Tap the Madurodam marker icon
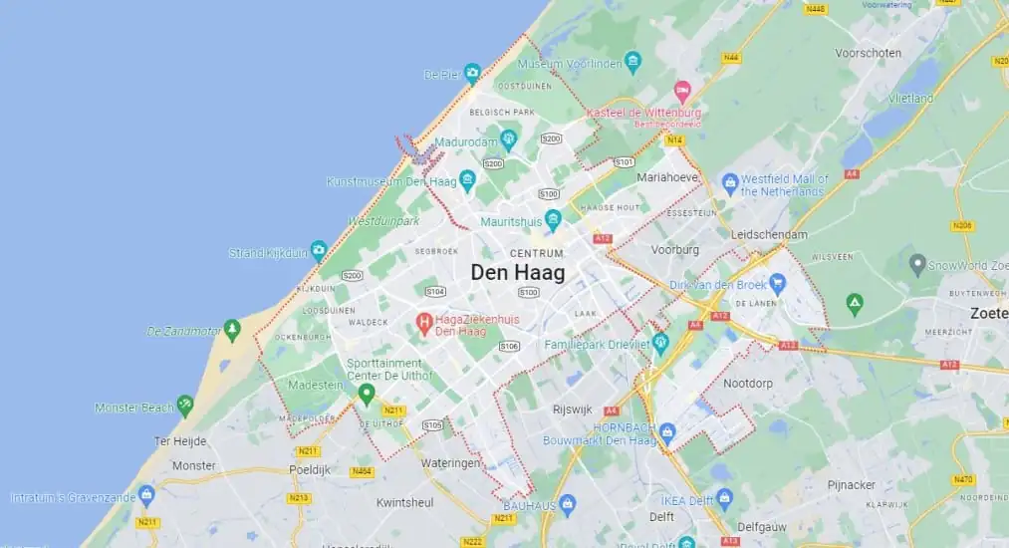point(508,139)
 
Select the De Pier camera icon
point(472,73)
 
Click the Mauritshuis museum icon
point(553,219)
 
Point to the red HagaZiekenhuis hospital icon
point(424,323)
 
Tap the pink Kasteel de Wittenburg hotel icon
point(682,92)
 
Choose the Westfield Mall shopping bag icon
point(729,183)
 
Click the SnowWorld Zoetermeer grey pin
point(917,265)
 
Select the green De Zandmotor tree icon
point(232,330)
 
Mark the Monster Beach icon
point(184,406)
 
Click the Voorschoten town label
point(869,53)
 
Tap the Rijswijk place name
point(573,410)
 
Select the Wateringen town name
point(450,463)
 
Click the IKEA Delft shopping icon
point(723,498)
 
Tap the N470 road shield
point(962,479)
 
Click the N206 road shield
point(962,225)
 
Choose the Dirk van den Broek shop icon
point(778,284)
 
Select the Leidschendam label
point(770,234)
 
